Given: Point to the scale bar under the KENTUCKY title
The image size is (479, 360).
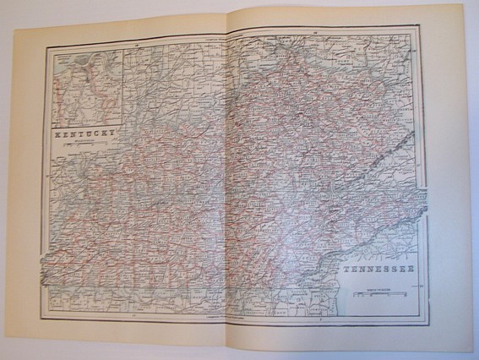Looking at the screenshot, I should point(83,146).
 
